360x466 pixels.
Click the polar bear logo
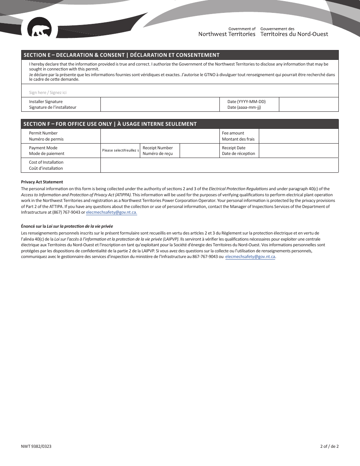pyautogui.click(x=39, y=30)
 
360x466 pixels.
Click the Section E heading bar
pyautogui.click(x=180, y=55)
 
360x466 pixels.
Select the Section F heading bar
pyautogui.click(x=180, y=124)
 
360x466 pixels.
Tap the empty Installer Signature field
pyautogui.click(x=160, y=105)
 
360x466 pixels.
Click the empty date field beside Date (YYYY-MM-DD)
pyautogui.click(x=308, y=105)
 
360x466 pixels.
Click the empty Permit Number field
pyautogui.click(x=160, y=136)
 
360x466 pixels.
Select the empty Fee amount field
pyautogui.click(x=298, y=136)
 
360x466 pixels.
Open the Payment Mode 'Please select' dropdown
pyautogui.click(x=120, y=150)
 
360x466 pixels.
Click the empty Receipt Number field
pyautogui.click(x=199, y=150)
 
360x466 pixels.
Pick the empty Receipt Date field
pyautogui.click(x=298, y=150)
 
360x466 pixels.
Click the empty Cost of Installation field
pyautogui.click(x=219, y=165)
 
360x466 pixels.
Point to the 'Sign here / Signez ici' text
pyautogui.click(x=48, y=92)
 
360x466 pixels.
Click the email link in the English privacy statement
pyautogui.click(x=111, y=213)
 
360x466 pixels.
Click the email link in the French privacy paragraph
pyautogui.click(x=250, y=256)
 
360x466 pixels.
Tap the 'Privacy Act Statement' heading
pyautogui.click(x=42, y=182)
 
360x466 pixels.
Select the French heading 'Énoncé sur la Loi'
pyautogui.click(x=67, y=226)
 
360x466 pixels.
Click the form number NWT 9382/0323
pyautogui.click(x=36, y=446)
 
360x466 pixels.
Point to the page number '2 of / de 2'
pyautogui.click(x=329, y=446)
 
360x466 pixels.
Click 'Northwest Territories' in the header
pyautogui.click(x=227, y=34)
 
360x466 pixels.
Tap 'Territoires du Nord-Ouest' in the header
pyautogui.click(x=294, y=34)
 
